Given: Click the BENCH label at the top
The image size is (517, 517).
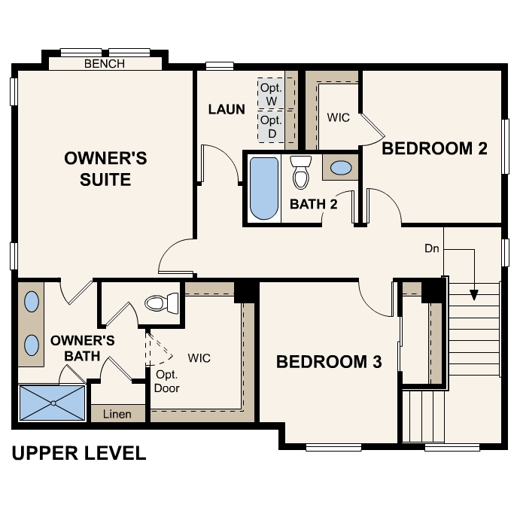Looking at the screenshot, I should pyautogui.click(x=105, y=64).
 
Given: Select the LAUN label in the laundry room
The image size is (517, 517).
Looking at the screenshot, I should pyautogui.click(x=227, y=109).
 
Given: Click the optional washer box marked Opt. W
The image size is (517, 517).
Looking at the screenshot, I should pyautogui.click(x=271, y=94).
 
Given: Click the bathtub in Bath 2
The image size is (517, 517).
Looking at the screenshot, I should pyautogui.click(x=263, y=188).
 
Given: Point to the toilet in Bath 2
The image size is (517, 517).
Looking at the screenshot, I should pyautogui.click(x=301, y=172).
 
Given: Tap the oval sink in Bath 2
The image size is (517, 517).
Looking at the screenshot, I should pyautogui.click(x=341, y=168).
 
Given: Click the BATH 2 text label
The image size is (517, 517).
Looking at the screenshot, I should pyautogui.click(x=313, y=203).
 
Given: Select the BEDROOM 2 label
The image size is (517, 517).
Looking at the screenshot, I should pyautogui.click(x=434, y=148).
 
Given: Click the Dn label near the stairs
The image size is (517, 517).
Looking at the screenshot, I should pyautogui.click(x=432, y=248).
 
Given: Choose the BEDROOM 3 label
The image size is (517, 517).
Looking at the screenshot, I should pyautogui.click(x=329, y=362).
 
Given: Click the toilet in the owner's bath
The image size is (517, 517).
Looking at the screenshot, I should pyautogui.click(x=161, y=303).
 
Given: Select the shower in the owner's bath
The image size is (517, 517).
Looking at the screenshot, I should pyautogui.click(x=52, y=403).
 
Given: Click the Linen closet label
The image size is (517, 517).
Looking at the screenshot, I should pyautogui.click(x=117, y=414).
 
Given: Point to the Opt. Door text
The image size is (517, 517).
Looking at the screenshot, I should pyautogui.click(x=167, y=381).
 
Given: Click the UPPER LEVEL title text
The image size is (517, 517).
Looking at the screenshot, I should pyautogui.click(x=78, y=453).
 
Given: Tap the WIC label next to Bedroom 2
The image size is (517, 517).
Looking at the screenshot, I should pyautogui.click(x=338, y=118).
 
